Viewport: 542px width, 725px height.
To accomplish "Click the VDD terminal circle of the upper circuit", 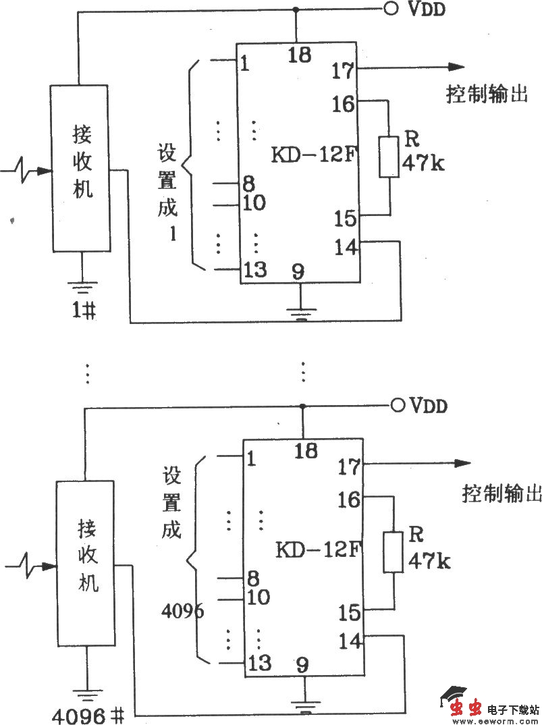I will tap(391, 9).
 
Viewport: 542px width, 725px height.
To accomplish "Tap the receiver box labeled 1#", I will tap(80, 168).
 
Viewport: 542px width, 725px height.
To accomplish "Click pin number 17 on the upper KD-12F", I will tap(343, 70).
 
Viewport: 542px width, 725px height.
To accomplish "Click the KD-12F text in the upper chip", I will tap(313, 155).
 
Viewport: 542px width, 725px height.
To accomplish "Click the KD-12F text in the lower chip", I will tap(317, 550).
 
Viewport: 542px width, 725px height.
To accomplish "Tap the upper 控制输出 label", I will tap(486, 95).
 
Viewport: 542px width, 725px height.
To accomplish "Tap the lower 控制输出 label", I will tap(502, 494).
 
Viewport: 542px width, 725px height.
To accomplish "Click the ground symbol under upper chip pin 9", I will tap(300, 312).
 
